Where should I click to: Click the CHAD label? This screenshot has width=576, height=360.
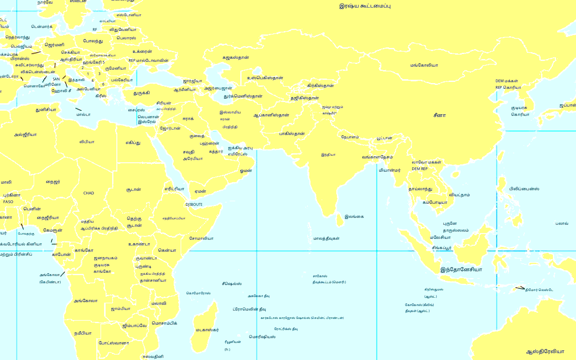[88, 193]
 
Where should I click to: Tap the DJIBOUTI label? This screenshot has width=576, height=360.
[194, 205]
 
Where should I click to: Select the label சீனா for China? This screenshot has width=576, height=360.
[439, 115]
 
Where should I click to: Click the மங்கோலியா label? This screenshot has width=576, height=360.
[424, 65]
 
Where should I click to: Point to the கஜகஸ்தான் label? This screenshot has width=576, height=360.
[236, 58]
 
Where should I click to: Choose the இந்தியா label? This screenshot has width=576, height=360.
[328, 155]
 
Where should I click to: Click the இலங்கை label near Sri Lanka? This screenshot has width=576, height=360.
[354, 217]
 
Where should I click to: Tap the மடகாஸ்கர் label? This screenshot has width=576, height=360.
[207, 330]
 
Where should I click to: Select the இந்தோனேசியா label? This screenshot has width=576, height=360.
[461, 270]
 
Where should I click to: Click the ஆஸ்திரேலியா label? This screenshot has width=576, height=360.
[545, 352]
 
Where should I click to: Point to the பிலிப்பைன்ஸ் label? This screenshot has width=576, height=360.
[524, 189]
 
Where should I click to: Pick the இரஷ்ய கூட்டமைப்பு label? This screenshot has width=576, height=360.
[365, 6]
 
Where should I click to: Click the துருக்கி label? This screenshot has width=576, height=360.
[142, 93]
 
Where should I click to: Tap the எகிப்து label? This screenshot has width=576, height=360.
[133, 143]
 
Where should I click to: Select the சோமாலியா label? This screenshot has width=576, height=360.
[201, 238]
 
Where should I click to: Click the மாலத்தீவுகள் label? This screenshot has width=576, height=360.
[326, 238]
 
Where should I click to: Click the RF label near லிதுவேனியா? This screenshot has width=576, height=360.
[95, 30]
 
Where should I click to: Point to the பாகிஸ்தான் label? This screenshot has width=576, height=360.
[292, 134]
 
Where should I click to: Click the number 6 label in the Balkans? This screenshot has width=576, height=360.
[103, 84]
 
